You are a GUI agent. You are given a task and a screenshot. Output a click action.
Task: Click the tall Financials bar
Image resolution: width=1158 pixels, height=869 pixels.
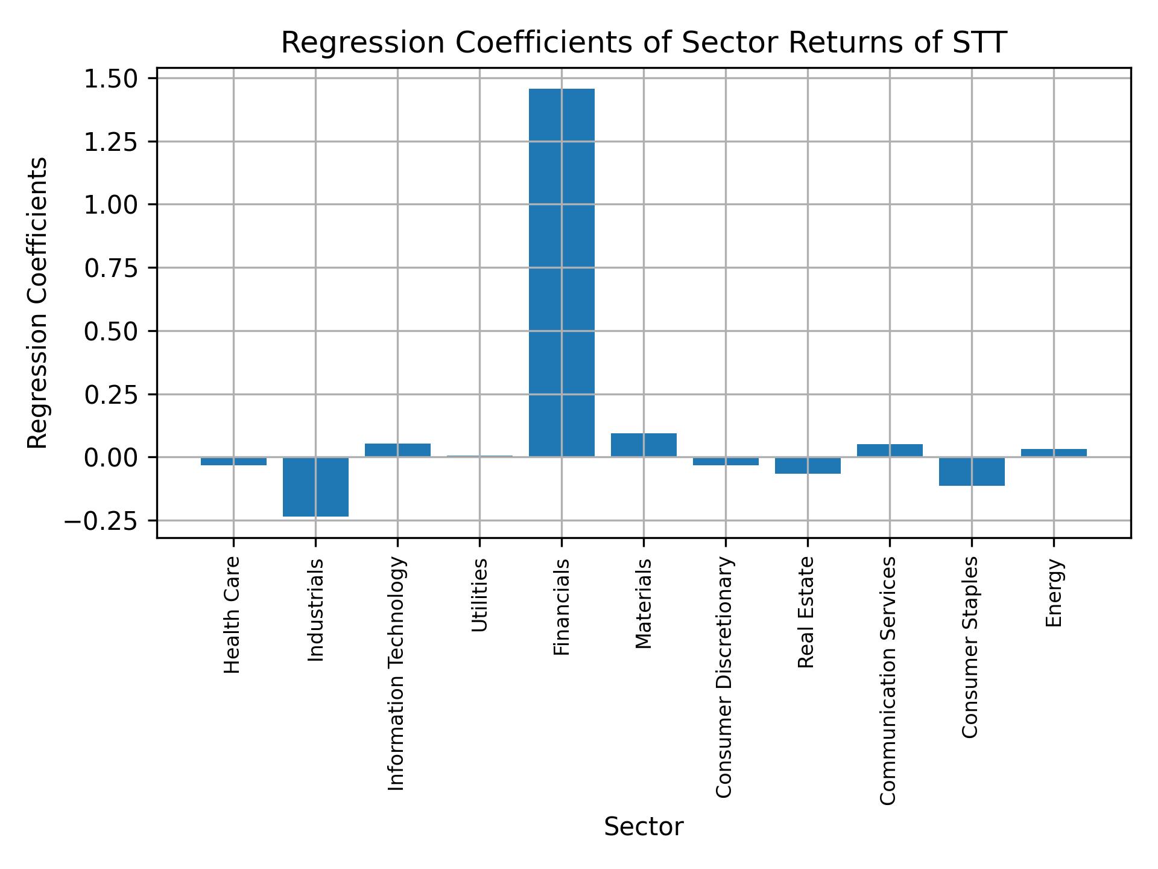tap(562, 272)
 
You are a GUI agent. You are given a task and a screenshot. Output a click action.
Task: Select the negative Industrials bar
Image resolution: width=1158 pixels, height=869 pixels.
tap(315, 487)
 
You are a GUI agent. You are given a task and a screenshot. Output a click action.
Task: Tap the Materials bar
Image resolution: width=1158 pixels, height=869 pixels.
tap(644, 445)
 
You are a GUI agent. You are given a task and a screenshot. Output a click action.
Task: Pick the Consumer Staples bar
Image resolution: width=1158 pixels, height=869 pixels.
tap(972, 471)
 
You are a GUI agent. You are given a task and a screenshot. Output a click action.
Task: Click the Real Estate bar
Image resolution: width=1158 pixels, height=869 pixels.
tap(808, 465)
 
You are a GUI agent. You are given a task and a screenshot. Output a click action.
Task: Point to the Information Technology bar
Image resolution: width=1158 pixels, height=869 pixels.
tap(397, 450)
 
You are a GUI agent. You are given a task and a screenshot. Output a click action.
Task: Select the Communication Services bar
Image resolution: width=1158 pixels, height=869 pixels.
tap(890, 450)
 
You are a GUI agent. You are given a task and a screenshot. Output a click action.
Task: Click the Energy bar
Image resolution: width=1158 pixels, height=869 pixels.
tap(1054, 453)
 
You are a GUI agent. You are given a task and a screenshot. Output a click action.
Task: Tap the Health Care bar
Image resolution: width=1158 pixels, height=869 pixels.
tap(233, 461)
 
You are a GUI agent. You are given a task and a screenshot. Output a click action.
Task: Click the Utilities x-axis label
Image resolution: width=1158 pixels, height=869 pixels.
tap(479, 595)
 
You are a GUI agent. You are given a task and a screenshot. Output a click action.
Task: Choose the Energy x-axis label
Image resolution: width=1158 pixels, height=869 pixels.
tap(1053, 593)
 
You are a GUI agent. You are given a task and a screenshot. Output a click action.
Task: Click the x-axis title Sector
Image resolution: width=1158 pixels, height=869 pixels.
tap(644, 827)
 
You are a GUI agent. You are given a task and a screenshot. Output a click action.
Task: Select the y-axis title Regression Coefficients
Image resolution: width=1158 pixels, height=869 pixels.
tap(37, 303)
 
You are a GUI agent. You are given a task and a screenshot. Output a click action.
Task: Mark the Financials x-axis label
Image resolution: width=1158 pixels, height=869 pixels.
tap(561, 607)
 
